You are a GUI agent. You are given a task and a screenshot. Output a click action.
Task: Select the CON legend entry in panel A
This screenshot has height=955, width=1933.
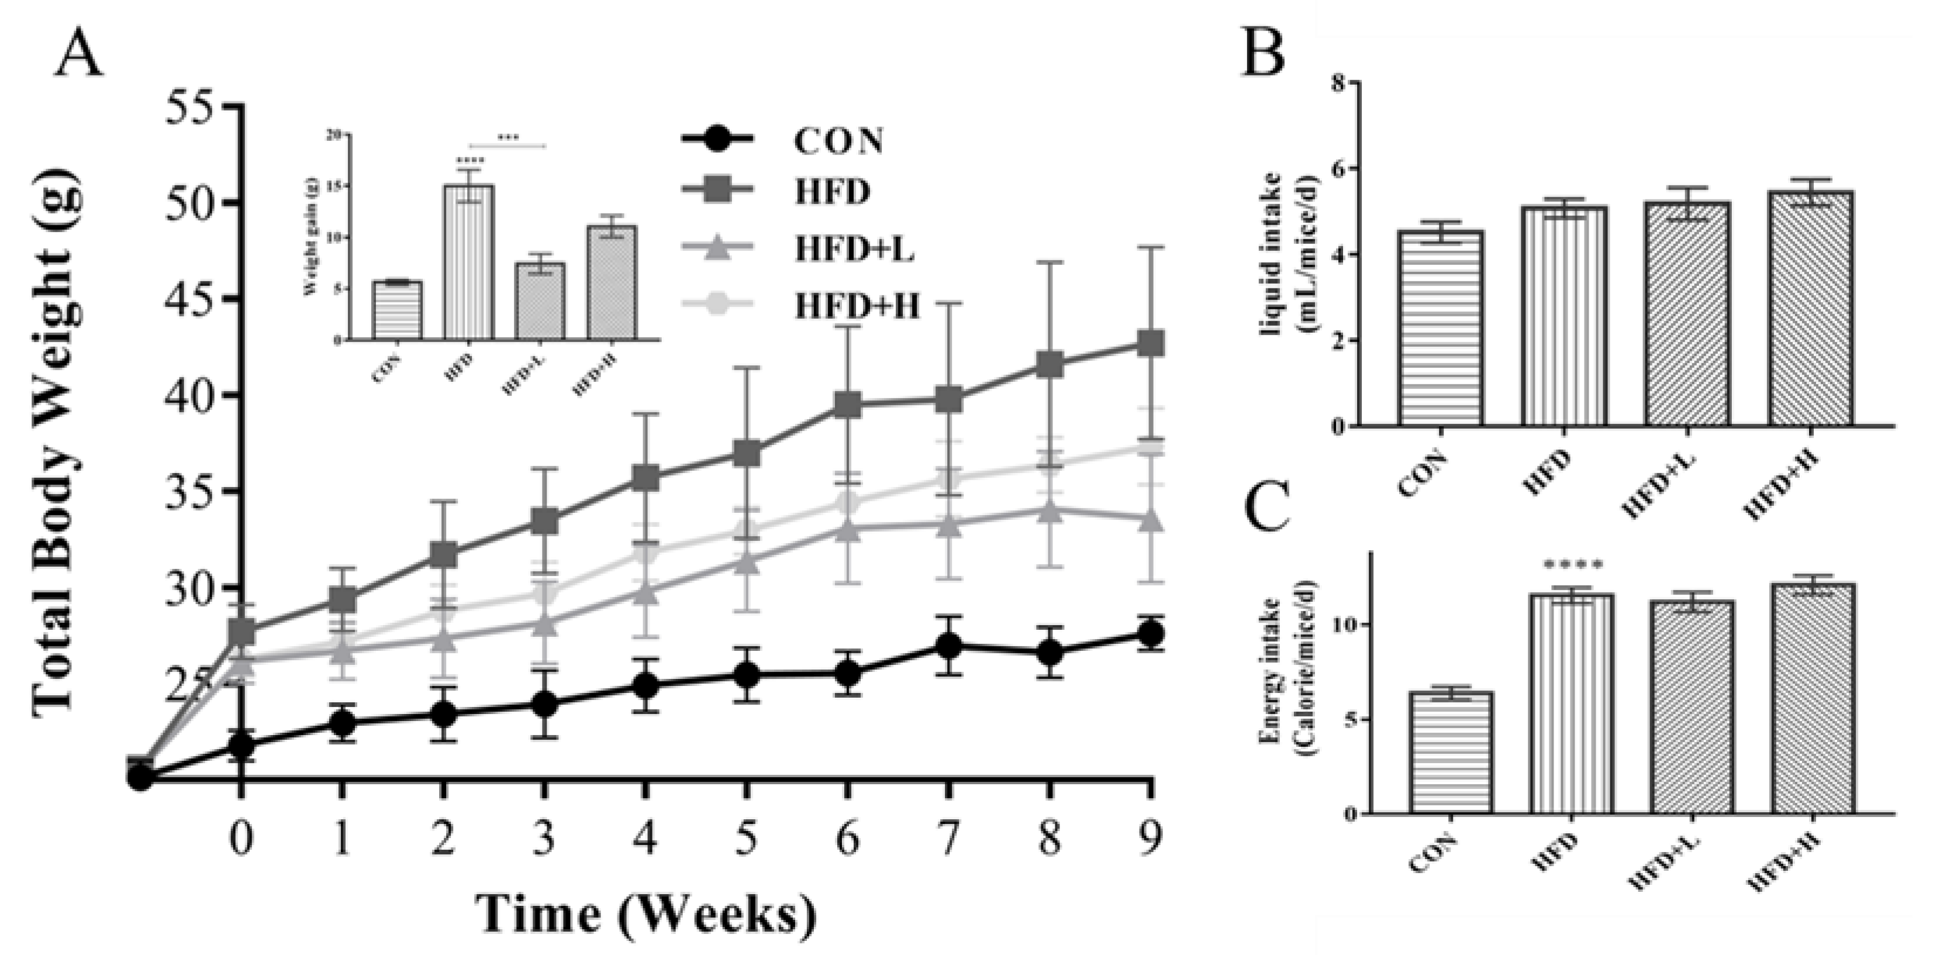coord(838,140)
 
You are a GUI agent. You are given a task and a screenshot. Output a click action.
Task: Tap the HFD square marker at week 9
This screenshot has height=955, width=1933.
coord(1150,344)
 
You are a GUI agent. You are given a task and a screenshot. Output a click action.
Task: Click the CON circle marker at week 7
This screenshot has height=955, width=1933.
coord(948,645)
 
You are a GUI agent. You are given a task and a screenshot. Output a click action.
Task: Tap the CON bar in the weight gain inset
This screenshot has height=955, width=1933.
coord(398,310)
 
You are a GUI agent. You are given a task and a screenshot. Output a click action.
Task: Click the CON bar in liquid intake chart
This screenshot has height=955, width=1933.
coord(1440,328)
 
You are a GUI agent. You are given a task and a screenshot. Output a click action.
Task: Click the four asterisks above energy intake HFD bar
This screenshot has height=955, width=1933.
coord(1572,564)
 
